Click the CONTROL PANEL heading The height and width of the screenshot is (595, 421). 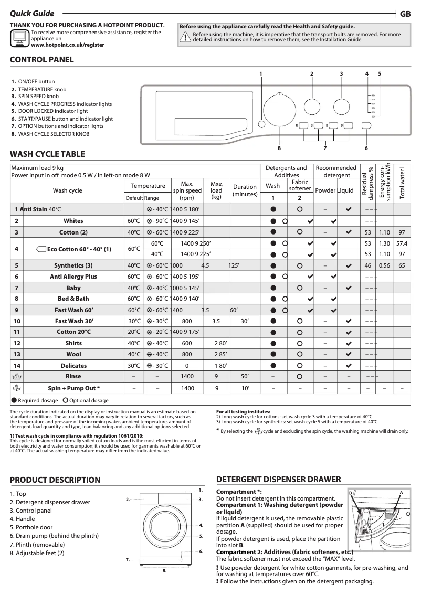42,60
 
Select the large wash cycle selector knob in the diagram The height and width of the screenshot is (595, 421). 279,111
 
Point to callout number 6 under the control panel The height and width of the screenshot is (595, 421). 366,148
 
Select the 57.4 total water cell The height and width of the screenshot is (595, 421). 402,243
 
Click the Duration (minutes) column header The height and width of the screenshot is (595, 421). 245,190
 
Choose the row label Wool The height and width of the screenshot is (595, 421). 73,354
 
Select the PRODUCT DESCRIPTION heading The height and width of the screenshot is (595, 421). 55,480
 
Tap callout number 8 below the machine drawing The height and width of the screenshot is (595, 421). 164,570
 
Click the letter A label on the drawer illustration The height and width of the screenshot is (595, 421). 401,492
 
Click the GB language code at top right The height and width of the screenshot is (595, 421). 405,14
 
